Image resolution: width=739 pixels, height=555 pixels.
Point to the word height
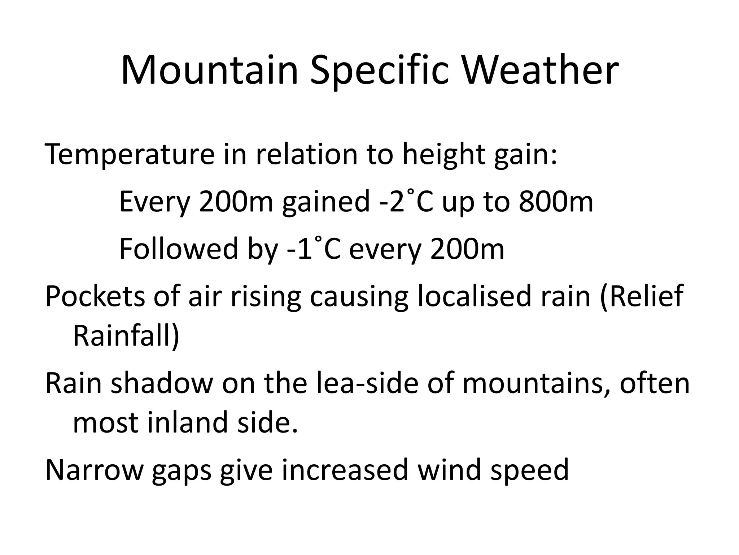coord(443,155)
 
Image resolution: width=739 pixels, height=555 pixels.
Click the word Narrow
coord(95,470)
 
